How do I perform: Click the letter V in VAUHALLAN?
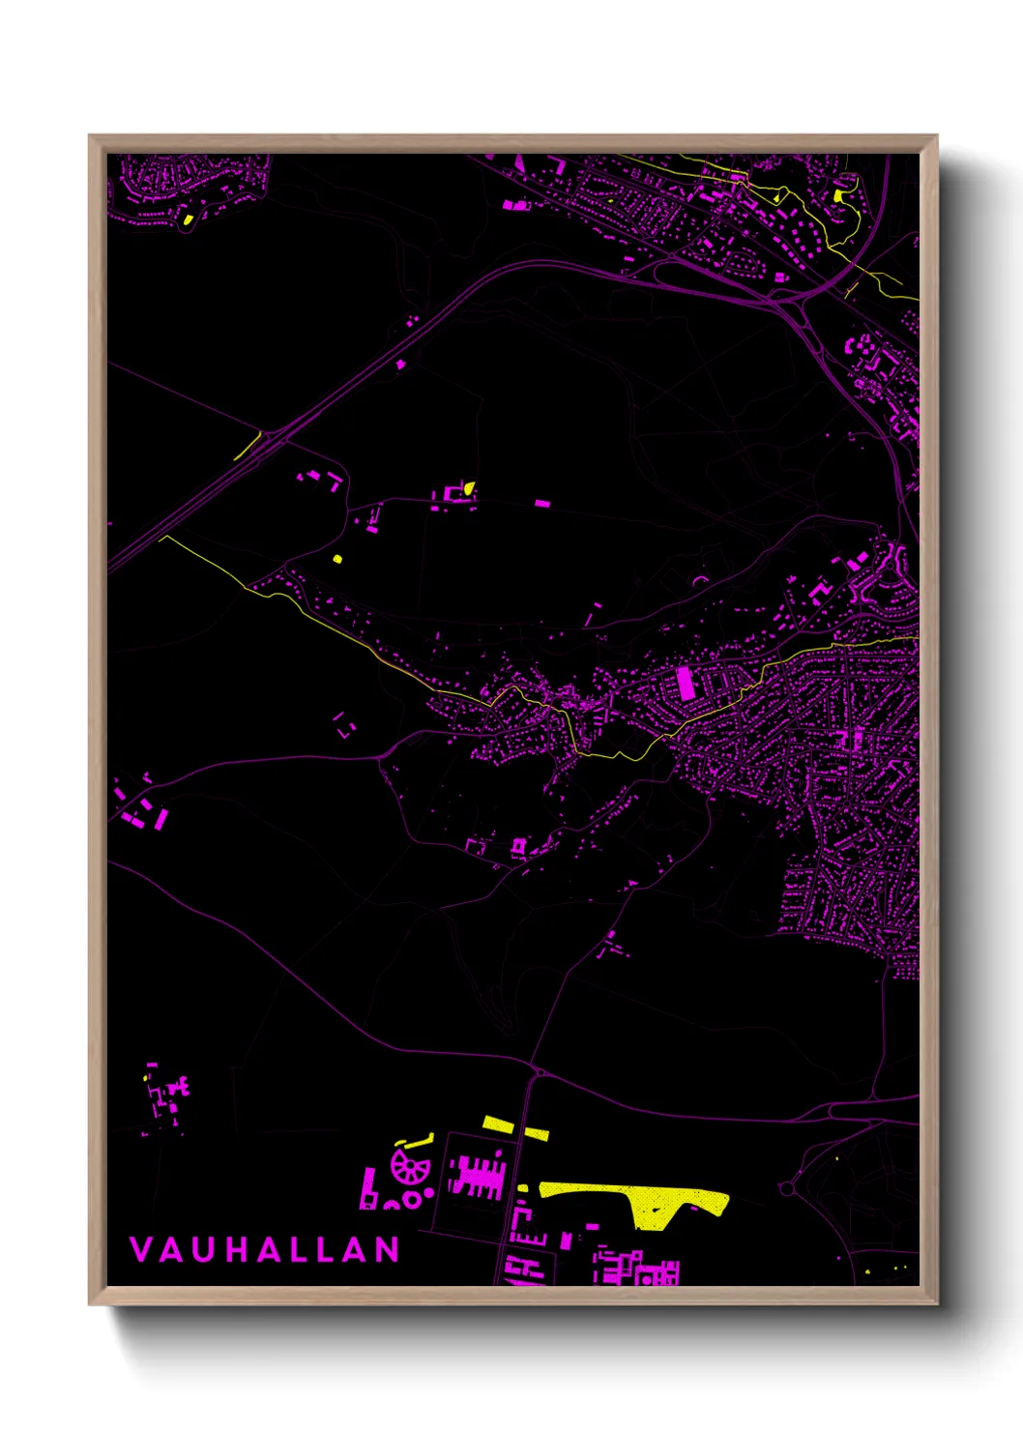click(140, 1249)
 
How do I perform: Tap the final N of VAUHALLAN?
click(388, 1249)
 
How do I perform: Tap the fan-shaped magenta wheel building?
click(410, 1166)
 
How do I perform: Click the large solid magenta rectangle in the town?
click(686, 683)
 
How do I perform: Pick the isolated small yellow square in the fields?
click(336, 558)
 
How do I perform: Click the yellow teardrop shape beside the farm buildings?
click(469, 488)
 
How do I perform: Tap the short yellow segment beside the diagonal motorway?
click(248, 446)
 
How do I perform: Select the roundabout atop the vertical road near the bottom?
click(538, 1071)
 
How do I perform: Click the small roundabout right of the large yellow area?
click(787, 1186)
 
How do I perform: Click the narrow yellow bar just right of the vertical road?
click(536, 1132)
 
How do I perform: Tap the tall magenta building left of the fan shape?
click(367, 1187)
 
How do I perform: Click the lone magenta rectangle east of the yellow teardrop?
click(542, 503)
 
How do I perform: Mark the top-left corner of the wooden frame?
click(91, 137)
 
